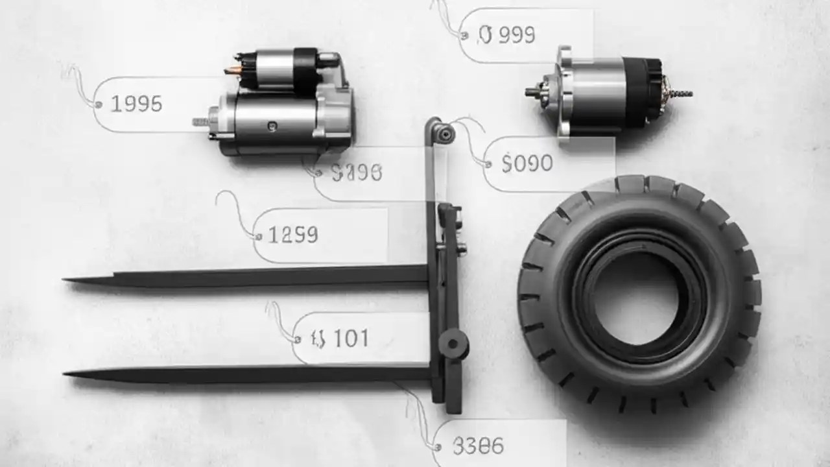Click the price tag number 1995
[136, 103]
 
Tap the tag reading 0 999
[506, 35]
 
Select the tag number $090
[527, 163]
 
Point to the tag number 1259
[292, 235]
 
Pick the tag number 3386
[479, 446]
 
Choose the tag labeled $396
[357, 173]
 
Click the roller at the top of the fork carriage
[445, 133]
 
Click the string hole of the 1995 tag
[99, 104]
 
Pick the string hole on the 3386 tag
[439, 446]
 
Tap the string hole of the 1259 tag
[258, 235]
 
